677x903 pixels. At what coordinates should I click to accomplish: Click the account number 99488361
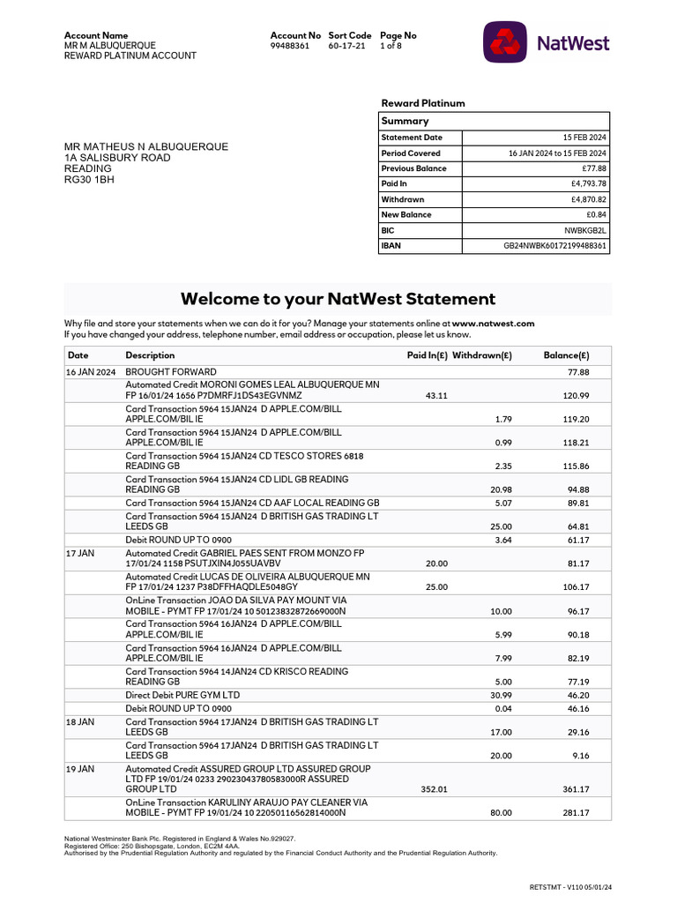290,46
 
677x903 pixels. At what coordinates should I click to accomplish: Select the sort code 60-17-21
346,46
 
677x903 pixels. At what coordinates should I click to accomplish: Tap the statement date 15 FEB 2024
584,138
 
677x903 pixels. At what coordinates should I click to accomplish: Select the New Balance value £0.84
595,215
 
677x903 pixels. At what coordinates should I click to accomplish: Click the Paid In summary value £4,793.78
589,184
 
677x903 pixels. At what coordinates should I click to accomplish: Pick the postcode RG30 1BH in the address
89,180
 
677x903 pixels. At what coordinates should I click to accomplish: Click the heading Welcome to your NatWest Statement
338,299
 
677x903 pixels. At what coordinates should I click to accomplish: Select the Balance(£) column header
566,355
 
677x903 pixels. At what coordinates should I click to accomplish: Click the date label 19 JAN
80,769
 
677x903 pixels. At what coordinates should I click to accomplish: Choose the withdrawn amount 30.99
501,695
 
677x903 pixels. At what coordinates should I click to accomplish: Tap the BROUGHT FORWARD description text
171,372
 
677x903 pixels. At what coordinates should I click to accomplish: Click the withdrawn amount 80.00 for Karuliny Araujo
501,812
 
